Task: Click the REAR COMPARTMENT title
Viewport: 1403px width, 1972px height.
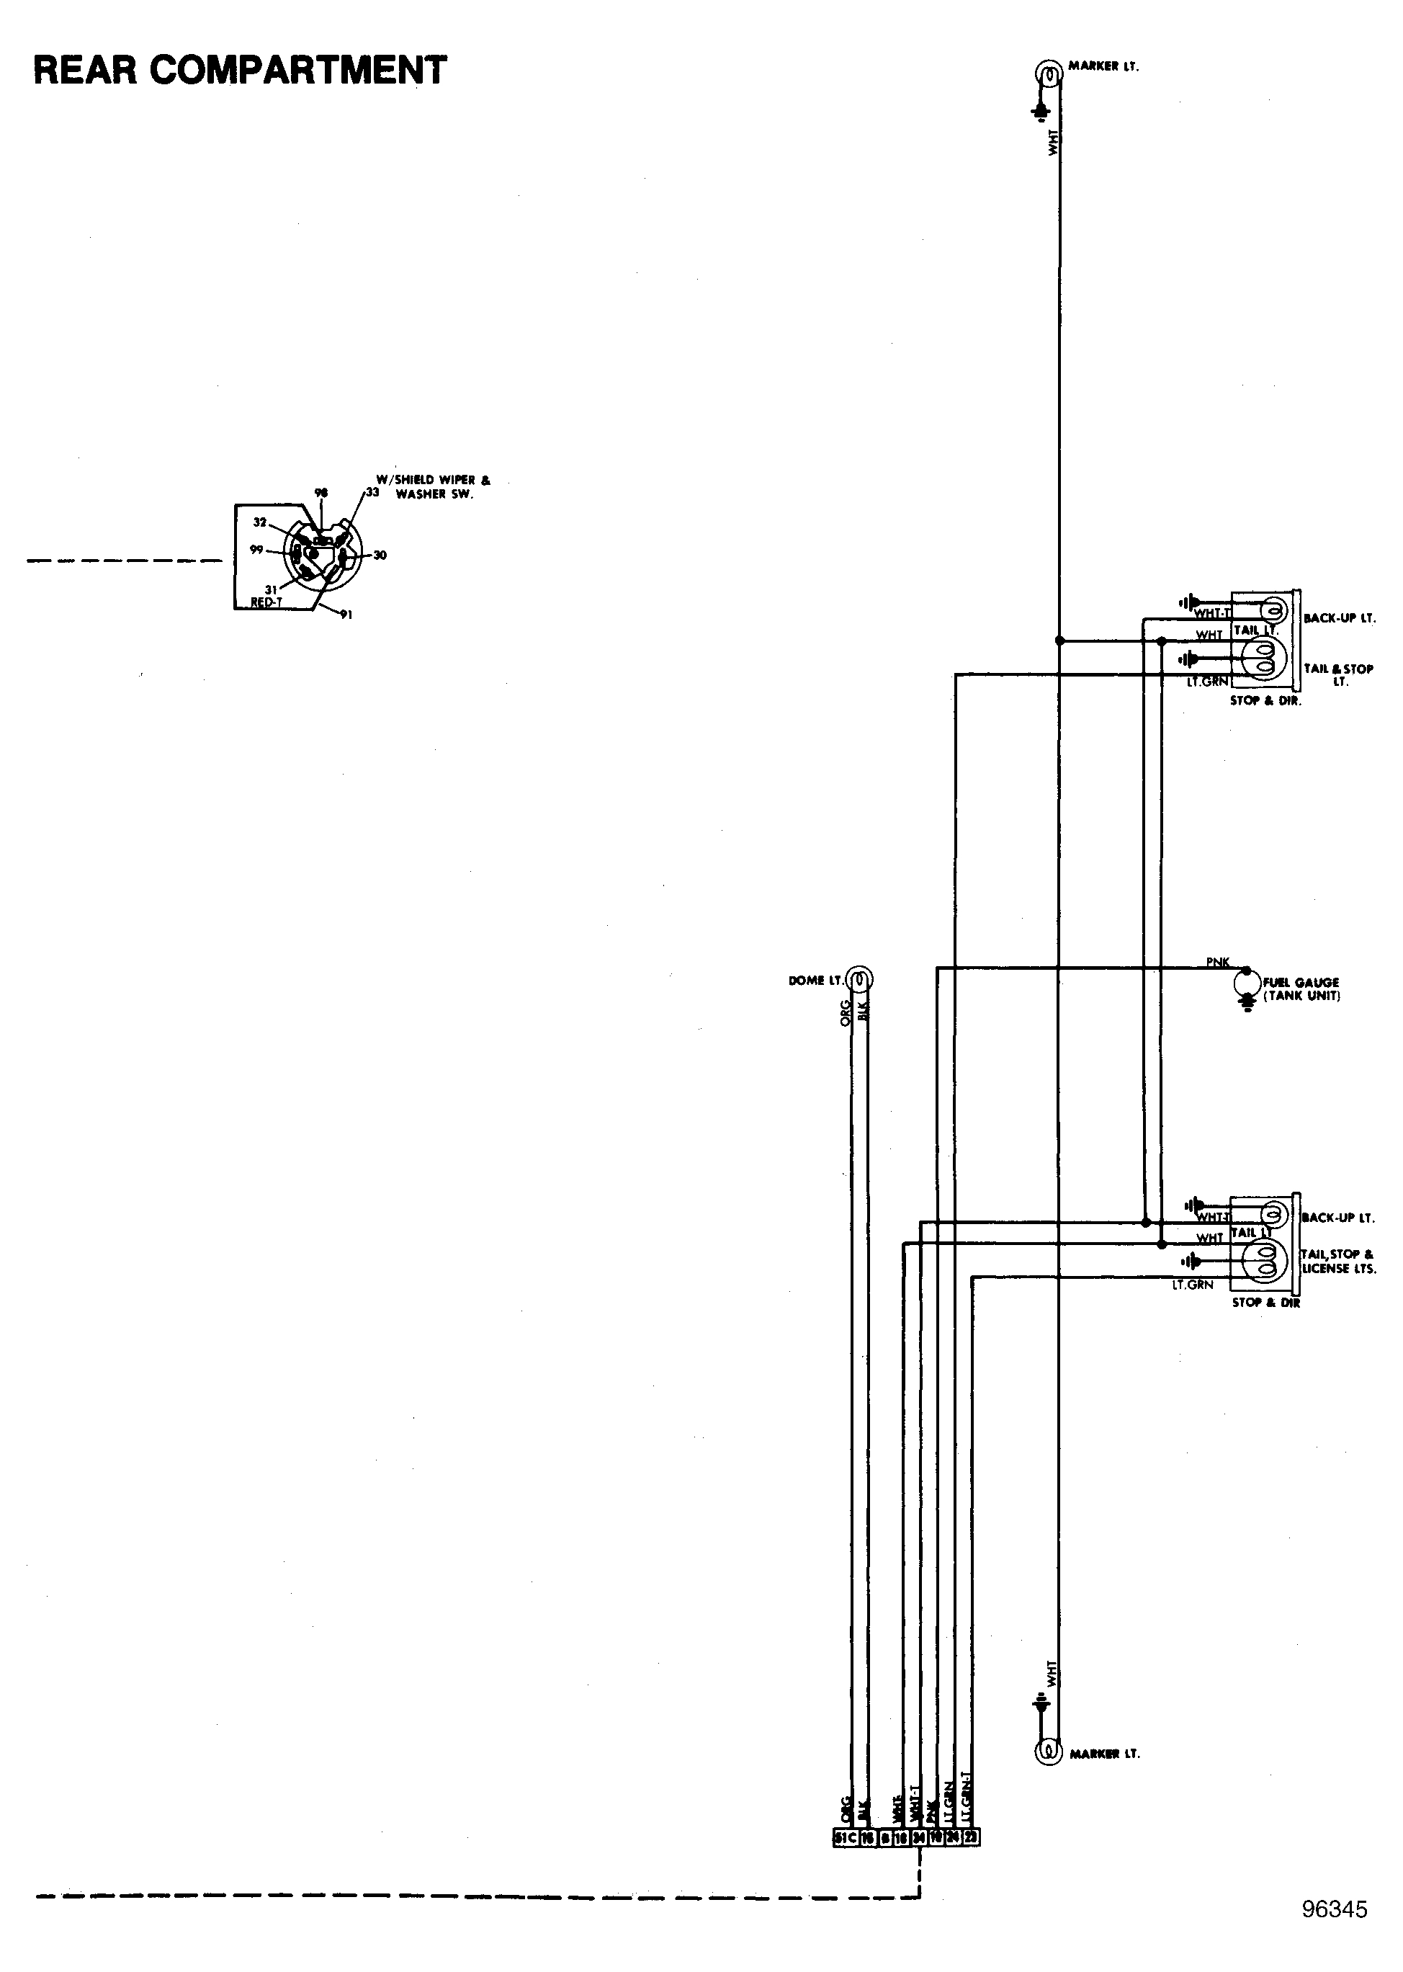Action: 240,71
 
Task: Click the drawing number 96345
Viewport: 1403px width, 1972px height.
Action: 1334,1909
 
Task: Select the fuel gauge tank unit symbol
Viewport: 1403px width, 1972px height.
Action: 1246,983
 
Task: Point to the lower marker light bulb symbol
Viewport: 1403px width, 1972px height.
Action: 1048,1751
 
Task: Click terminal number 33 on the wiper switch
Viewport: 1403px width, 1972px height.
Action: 372,491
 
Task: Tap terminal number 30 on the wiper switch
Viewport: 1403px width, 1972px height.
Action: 380,555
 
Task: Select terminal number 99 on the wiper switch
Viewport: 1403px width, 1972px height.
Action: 256,550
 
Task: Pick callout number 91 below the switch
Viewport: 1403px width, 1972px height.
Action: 346,615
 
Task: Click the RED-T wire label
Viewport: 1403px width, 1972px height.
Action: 266,602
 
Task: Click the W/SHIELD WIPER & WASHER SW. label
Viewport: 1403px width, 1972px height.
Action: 433,486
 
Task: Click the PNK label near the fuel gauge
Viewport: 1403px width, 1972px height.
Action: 1217,962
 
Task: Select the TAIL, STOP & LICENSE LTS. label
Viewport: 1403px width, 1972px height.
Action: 1338,1261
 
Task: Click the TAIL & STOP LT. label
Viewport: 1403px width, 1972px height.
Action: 1338,674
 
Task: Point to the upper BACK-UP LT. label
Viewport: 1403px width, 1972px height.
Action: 1339,619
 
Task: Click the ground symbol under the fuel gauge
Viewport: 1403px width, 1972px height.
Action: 1247,1005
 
